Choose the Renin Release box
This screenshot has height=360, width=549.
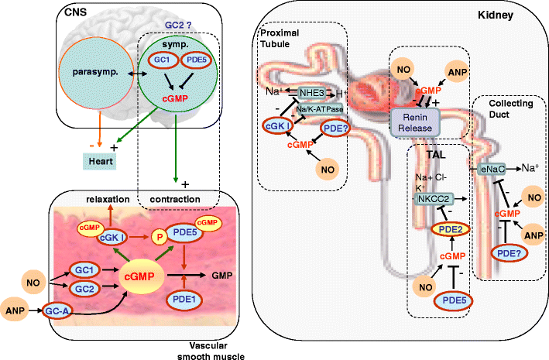click(x=413, y=120)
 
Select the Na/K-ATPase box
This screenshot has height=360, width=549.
click(x=318, y=108)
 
